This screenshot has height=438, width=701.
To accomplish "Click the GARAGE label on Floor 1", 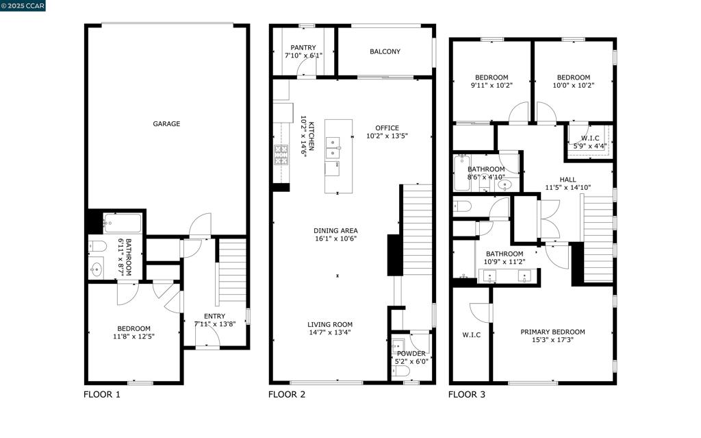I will (166, 124).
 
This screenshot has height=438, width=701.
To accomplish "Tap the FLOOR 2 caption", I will (287, 394).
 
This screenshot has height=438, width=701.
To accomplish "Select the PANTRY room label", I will (303, 48).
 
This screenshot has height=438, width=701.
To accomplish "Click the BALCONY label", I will (385, 51).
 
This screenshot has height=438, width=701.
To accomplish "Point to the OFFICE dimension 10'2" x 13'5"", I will (387, 136).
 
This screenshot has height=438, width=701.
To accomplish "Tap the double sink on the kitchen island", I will (333, 147).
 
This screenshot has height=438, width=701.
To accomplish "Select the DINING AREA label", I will (335, 230).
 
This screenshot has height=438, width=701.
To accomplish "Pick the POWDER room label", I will (411, 354).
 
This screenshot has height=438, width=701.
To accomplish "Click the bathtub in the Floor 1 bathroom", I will (123, 223).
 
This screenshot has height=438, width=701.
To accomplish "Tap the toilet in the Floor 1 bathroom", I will (97, 247).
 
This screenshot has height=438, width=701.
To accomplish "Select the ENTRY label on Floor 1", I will (205, 315).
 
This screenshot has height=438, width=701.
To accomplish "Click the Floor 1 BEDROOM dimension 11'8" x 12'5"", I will (133, 337).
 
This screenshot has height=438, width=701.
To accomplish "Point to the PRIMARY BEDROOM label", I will (552, 332).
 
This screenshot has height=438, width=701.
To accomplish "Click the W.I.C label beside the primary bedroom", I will (471, 335).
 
